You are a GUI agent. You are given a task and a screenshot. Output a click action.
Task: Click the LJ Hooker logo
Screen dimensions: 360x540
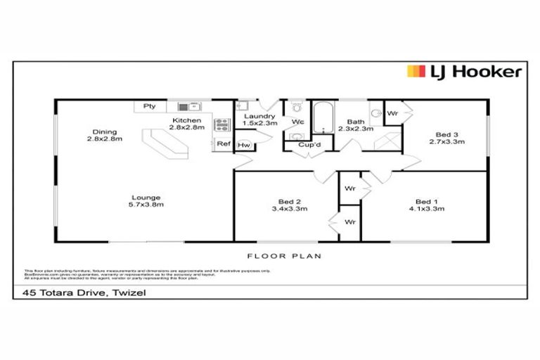(464, 72)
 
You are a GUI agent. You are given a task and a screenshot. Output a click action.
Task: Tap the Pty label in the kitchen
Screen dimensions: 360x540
(149, 106)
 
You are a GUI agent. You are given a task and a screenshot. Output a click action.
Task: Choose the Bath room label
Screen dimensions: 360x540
(355, 122)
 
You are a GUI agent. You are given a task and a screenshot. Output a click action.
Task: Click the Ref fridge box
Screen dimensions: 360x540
(223, 143)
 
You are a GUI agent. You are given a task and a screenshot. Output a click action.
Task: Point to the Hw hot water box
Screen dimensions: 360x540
(243, 145)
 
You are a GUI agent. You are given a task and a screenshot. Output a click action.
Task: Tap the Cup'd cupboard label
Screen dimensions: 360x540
(309, 146)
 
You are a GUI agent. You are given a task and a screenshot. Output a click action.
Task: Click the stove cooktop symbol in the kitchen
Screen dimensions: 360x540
(221, 125)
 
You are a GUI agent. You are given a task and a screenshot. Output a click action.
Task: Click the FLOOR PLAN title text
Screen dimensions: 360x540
(283, 256)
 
